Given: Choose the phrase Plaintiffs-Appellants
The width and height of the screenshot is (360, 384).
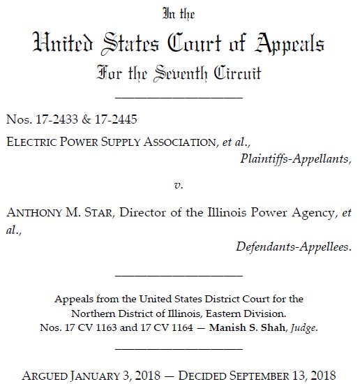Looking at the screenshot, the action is [294, 158].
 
